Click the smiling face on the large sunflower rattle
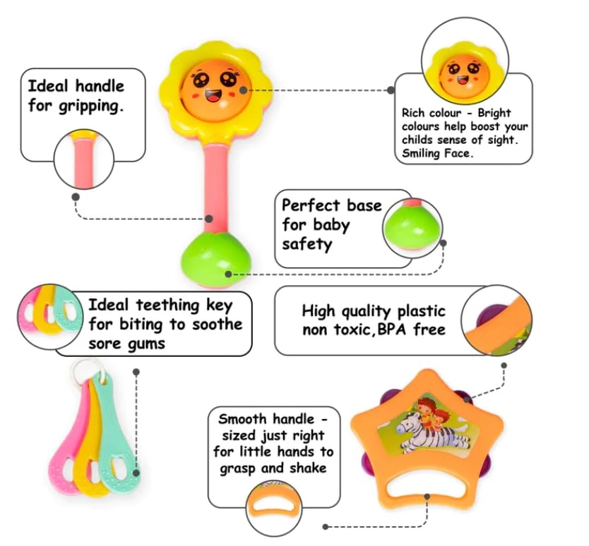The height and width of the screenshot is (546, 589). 213,85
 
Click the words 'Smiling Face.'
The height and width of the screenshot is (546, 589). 436,152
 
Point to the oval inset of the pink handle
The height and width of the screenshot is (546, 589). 83,159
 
